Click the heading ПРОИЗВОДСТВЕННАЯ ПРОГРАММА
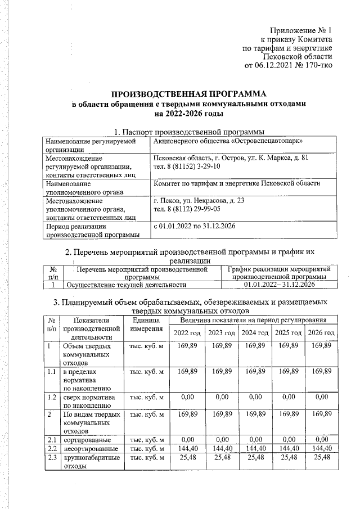(187, 94)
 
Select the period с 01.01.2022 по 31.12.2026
(194, 226)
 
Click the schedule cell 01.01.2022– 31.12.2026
(281, 285)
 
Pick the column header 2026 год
(322, 334)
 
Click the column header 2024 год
(255, 334)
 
